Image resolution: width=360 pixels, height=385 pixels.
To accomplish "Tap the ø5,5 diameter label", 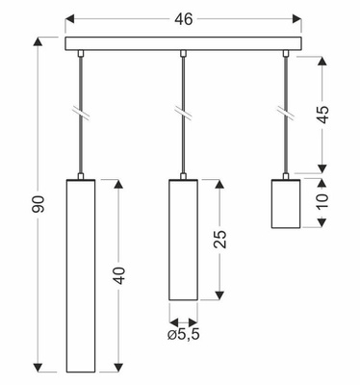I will tap(183, 334).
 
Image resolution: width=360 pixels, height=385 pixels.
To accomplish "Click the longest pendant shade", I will tap(82, 274).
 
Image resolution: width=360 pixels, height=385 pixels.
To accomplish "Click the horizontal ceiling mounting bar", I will tap(181, 43).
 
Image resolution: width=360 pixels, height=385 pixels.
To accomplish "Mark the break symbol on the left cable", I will tap(82, 113).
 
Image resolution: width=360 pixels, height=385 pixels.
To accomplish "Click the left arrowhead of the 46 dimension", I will tap(69, 17).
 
